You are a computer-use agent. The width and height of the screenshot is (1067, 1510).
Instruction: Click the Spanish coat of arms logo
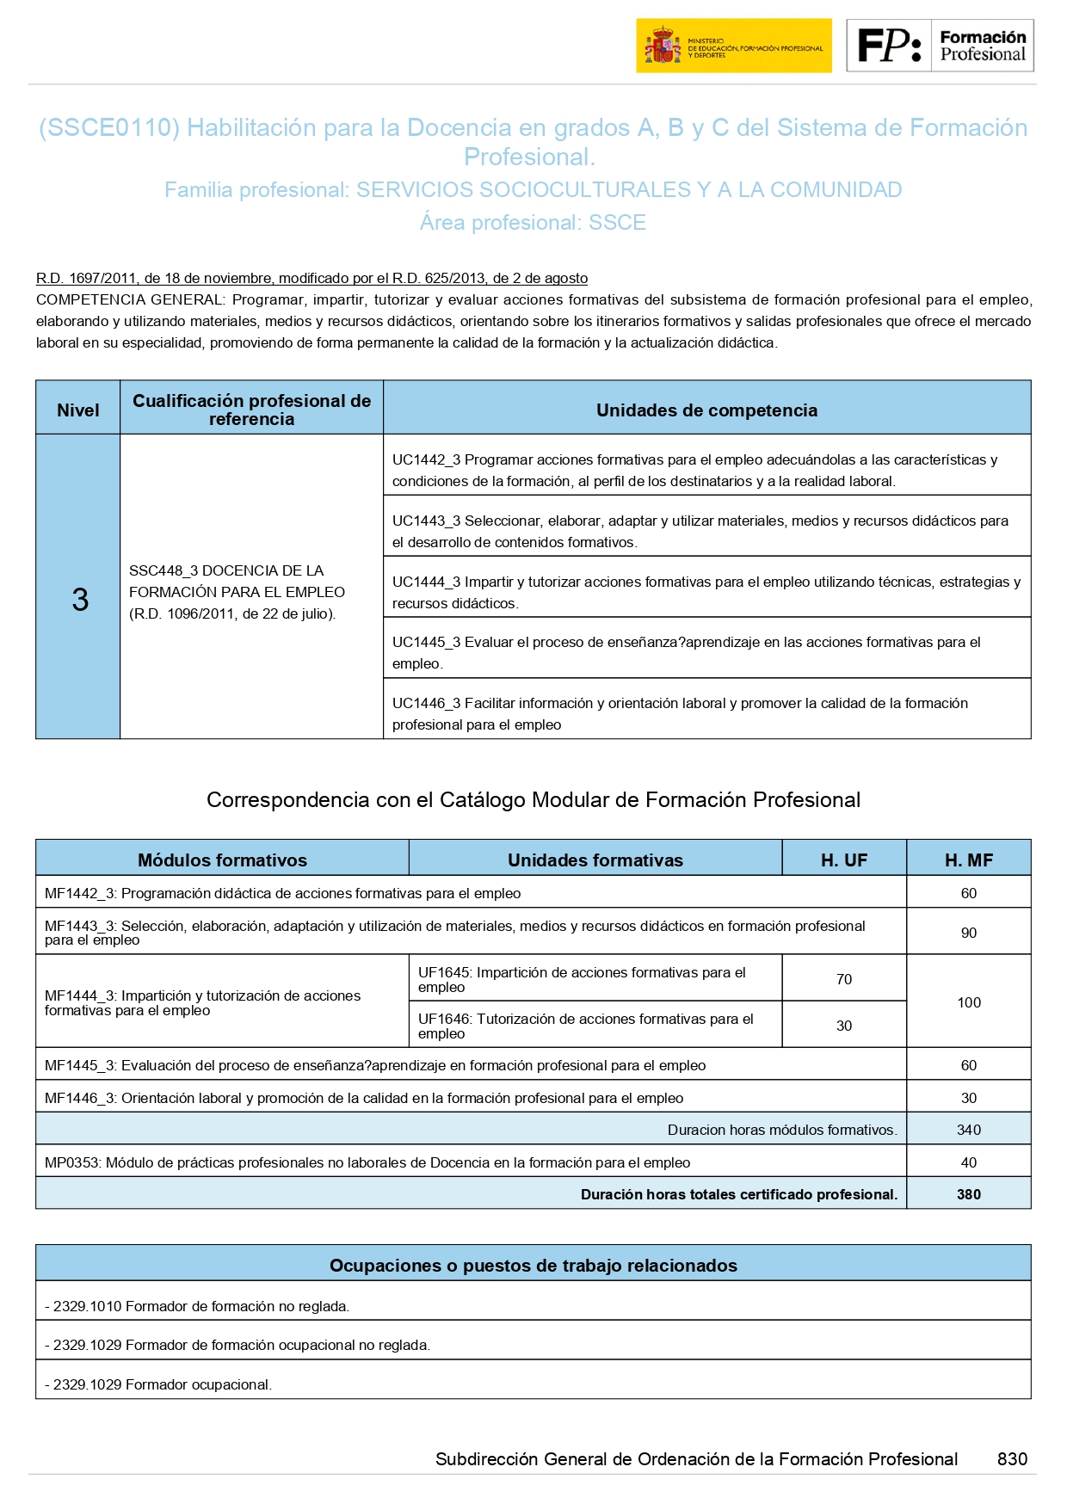[x=663, y=46]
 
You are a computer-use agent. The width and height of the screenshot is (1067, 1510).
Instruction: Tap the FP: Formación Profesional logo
[x=940, y=46]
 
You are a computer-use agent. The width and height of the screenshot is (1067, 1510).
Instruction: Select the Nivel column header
[x=77, y=410]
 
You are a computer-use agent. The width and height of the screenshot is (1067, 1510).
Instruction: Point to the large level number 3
[x=79, y=600]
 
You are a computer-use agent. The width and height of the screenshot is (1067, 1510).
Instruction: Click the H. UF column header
[x=843, y=860]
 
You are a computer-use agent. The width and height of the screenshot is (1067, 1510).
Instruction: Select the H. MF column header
[x=968, y=860]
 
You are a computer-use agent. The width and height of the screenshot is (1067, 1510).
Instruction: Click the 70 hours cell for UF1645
[x=843, y=979]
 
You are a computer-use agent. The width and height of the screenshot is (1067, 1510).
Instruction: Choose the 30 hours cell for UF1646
[x=843, y=1026]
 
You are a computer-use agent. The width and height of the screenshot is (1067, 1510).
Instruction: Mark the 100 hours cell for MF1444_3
[x=968, y=1002]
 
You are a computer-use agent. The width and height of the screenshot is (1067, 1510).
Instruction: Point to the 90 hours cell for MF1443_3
[x=968, y=933]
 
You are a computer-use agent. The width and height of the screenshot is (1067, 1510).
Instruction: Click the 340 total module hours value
[x=968, y=1130]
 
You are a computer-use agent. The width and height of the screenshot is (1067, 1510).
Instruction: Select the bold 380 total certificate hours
[x=968, y=1194]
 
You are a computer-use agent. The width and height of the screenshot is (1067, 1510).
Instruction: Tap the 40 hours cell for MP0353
[x=968, y=1162]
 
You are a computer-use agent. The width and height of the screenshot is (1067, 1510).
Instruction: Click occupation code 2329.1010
[x=87, y=1306]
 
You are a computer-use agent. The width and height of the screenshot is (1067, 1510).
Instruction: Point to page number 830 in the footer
[x=1012, y=1458]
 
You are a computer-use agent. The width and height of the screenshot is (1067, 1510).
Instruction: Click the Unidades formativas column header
[x=595, y=860]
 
